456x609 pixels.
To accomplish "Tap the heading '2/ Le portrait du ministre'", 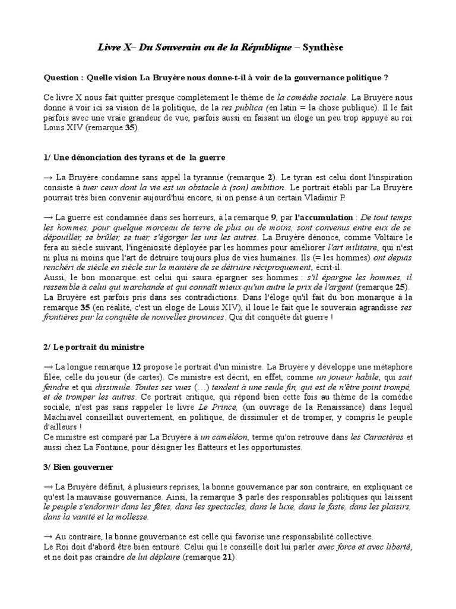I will (93, 346).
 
